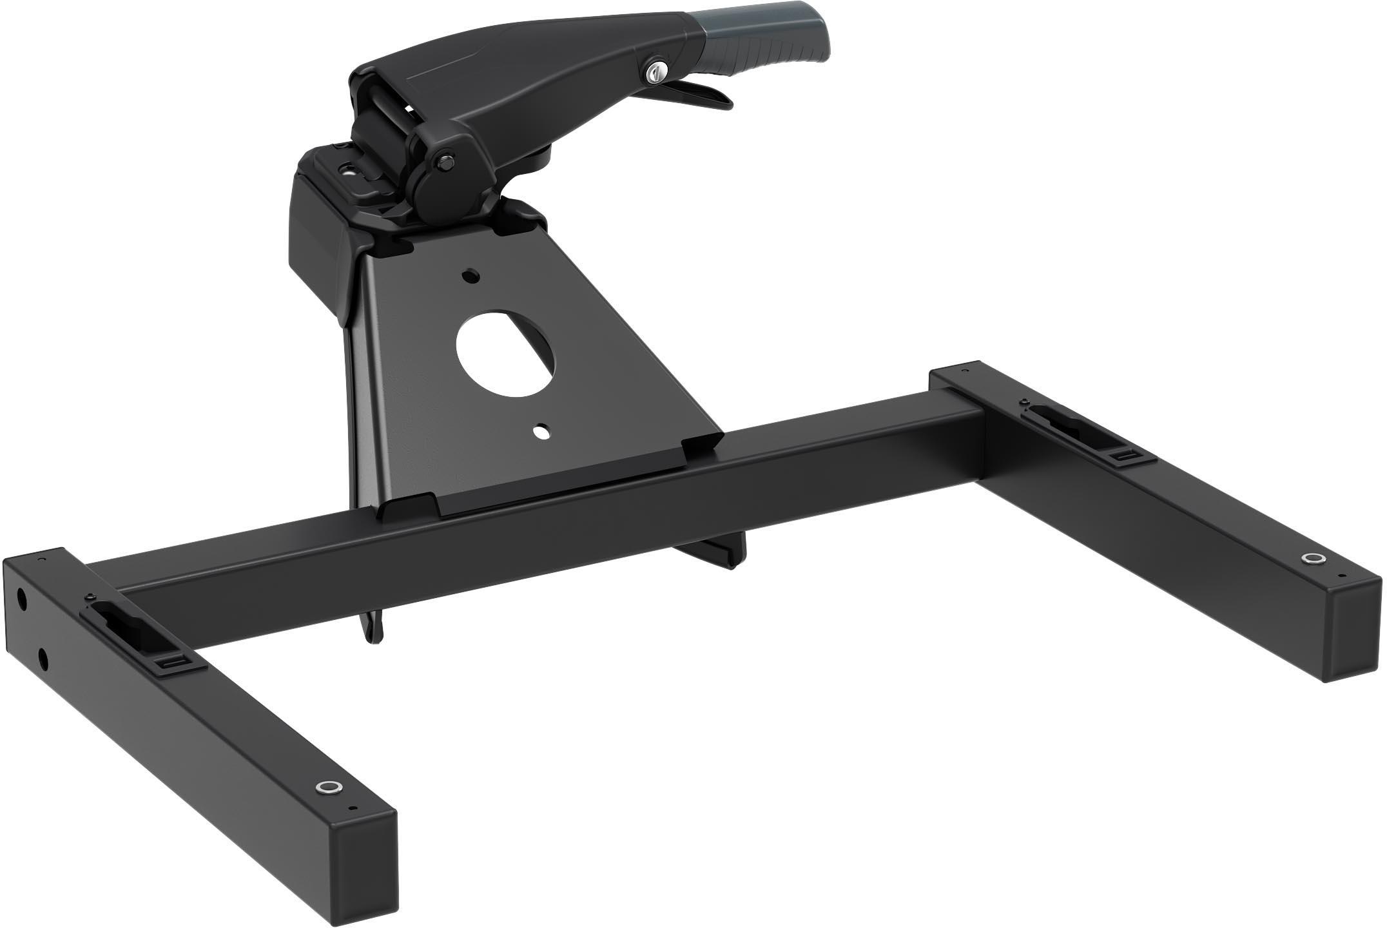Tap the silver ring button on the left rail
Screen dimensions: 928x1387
click(327, 787)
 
